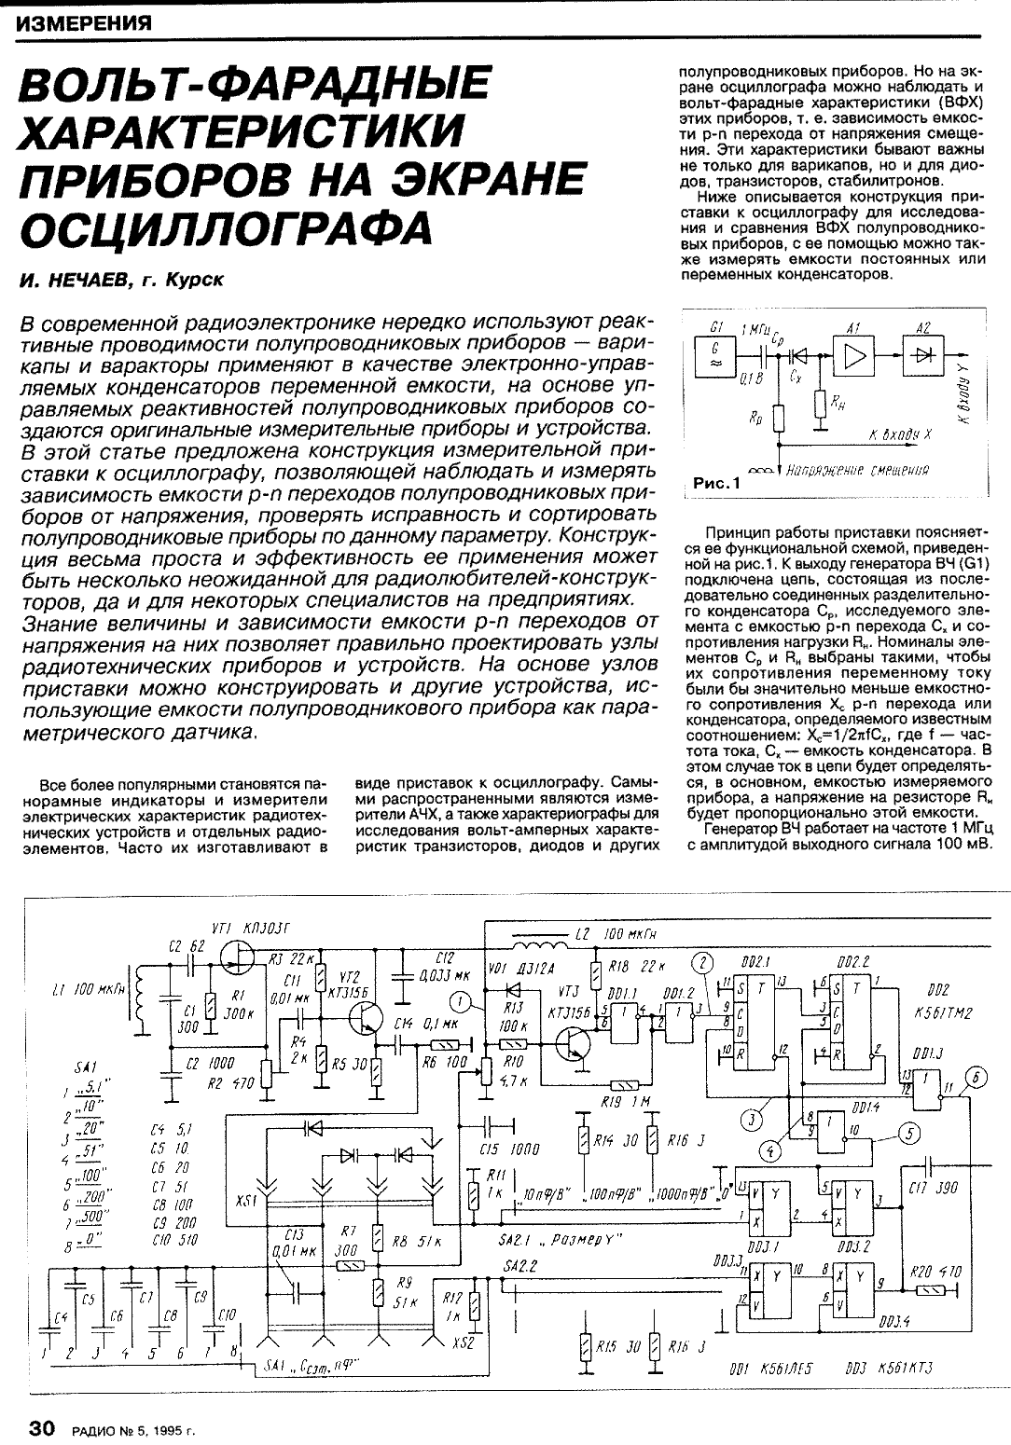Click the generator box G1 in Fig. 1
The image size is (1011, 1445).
tap(715, 356)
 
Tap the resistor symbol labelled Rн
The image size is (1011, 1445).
tap(821, 403)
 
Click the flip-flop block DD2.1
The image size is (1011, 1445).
tap(754, 1021)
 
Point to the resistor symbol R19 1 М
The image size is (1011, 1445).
tap(621, 1085)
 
